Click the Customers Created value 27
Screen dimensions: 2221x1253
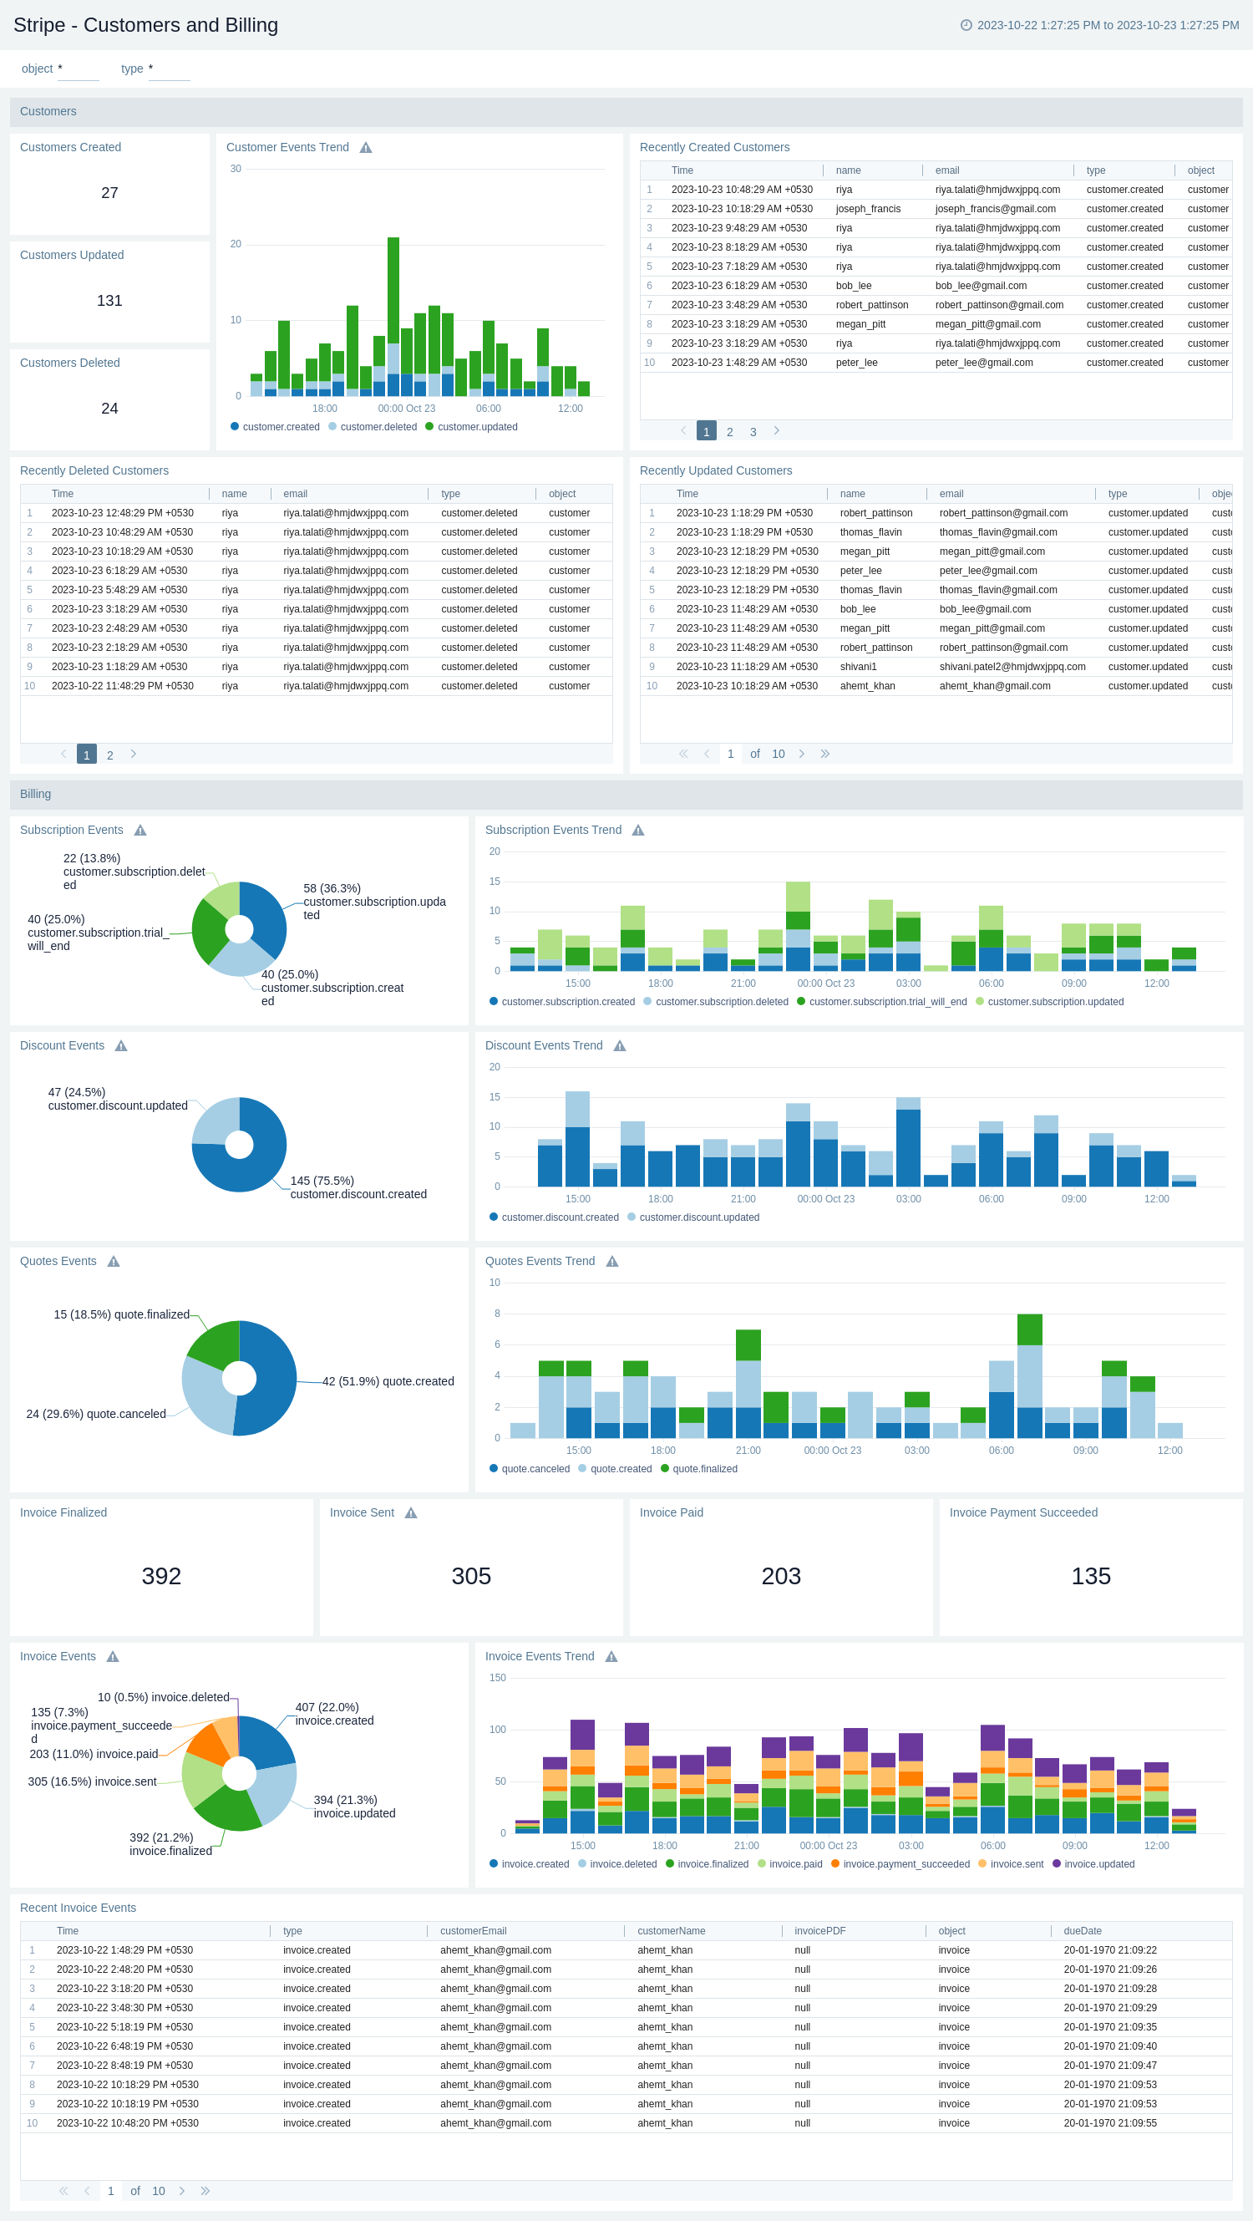point(109,193)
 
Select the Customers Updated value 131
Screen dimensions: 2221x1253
point(109,301)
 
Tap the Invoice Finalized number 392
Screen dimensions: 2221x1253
point(161,1576)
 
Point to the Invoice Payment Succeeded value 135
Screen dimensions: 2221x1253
point(1090,1576)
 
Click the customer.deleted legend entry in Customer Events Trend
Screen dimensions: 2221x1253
point(378,427)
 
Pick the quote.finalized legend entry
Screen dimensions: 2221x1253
point(704,1469)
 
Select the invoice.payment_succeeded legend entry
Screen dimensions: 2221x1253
point(906,1864)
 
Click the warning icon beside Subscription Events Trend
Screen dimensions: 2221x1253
point(637,831)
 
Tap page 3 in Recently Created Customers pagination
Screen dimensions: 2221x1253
point(753,432)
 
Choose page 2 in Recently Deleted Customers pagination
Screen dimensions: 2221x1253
point(109,755)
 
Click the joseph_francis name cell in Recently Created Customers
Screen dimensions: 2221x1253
point(868,209)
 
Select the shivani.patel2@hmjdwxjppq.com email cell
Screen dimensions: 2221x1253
point(1012,667)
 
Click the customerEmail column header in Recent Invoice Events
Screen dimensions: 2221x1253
point(473,1931)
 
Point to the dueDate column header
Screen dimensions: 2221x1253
point(1083,1931)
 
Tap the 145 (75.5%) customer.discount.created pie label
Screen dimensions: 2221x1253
point(358,1187)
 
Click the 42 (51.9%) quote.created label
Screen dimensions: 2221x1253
point(388,1381)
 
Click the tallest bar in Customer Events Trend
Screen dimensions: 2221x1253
point(393,293)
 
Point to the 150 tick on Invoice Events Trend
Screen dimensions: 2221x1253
point(497,1678)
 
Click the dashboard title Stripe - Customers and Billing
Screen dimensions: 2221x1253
point(145,25)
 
